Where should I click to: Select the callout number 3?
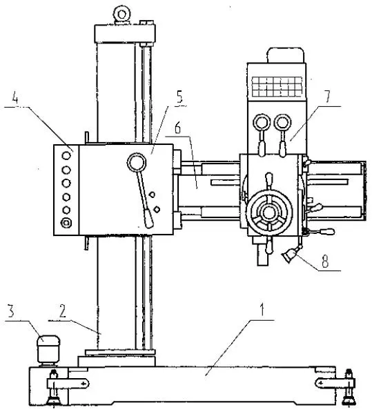point(11,311)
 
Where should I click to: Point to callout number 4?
point(15,98)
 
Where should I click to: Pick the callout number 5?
point(179,97)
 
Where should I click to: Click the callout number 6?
point(177,128)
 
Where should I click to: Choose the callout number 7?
point(327,97)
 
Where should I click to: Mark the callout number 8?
point(325,261)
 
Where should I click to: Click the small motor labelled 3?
point(48,349)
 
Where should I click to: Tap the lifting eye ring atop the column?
point(121,14)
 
